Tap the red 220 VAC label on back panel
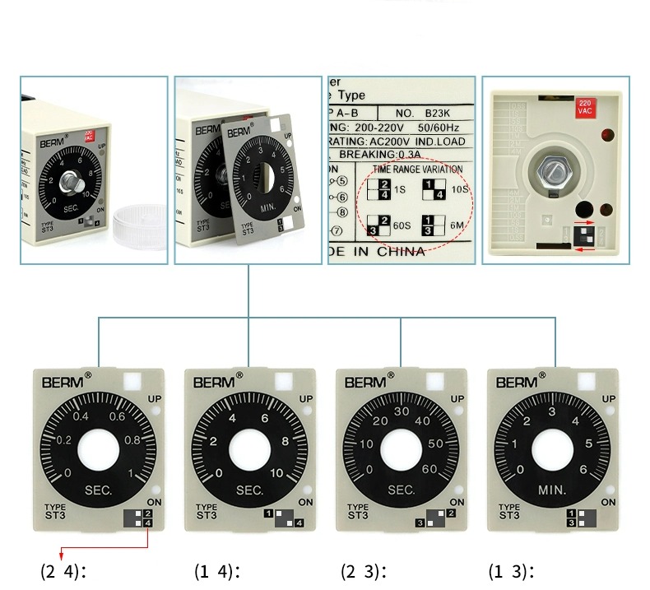585,106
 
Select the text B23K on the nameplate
441,113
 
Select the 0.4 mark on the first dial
81,416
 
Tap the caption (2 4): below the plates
64,571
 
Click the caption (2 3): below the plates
364,571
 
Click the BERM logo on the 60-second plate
364,383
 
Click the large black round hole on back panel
585,209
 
